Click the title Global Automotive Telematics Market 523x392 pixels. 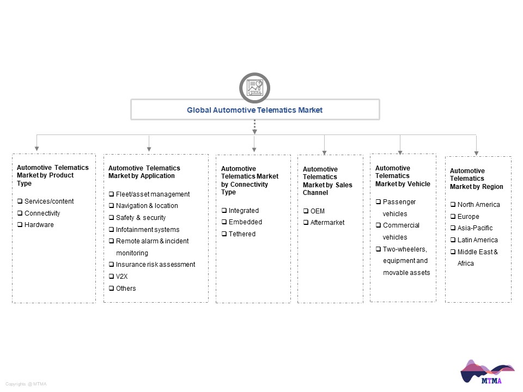pos(254,110)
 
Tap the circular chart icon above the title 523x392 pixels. pos(254,88)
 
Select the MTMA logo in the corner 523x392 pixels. pos(487,372)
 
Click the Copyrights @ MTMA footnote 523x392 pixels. pos(26,384)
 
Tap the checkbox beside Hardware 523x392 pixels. pos(20,224)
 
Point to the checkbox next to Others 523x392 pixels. pos(111,288)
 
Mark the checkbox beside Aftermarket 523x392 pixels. pos(306,222)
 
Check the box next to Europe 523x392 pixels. pos(453,216)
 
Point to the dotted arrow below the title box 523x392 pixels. pos(254,127)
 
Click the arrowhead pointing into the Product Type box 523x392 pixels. pos(37,148)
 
